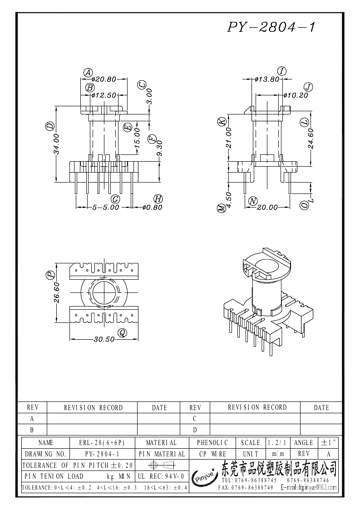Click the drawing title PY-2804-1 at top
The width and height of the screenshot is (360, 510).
click(x=271, y=27)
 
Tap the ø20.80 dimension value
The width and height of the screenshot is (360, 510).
click(x=104, y=79)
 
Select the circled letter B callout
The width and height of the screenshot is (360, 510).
click(x=90, y=88)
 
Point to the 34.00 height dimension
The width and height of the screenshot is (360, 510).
click(x=57, y=144)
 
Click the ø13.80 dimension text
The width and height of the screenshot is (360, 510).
click(x=267, y=79)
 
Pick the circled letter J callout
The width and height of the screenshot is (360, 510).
click(x=308, y=87)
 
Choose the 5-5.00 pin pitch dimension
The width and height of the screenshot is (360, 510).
click(x=106, y=207)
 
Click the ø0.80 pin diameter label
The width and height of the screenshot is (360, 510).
click(x=152, y=207)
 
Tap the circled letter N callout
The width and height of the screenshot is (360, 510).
click(x=253, y=201)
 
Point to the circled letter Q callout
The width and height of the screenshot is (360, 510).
click(x=122, y=333)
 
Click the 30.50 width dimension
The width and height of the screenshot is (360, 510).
click(x=104, y=339)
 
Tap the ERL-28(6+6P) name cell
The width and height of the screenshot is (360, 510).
click(x=102, y=443)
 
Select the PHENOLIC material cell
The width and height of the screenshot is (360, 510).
click(x=212, y=443)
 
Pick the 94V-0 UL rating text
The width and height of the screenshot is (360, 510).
click(x=175, y=476)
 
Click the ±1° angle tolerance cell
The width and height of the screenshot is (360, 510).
click(x=329, y=443)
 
